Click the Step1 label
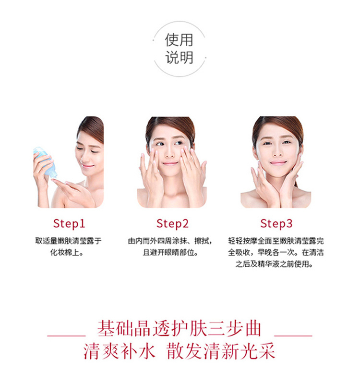[x=69, y=223]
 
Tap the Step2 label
[x=172, y=223]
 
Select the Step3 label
[x=276, y=223]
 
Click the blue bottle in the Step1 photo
[x=46, y=161]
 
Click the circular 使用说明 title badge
[x=179, y=49]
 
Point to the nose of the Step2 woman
[x=170, y=154]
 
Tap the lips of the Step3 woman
[x=278, y=163]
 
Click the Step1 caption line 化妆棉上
[x=67, y=252]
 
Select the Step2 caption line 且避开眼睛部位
[x=170, y=252]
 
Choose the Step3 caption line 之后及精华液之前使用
[x=274, y=263]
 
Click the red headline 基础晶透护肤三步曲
[x=179, y=329]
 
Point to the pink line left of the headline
[x=66, y=335]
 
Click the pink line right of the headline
[x=293, y=335]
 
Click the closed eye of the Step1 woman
[x=95, y=151]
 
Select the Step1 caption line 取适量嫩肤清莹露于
[x=69, y=241]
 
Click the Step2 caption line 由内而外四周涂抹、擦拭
[x=170, y=241]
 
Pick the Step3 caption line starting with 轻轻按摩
[x=276, y=241]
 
